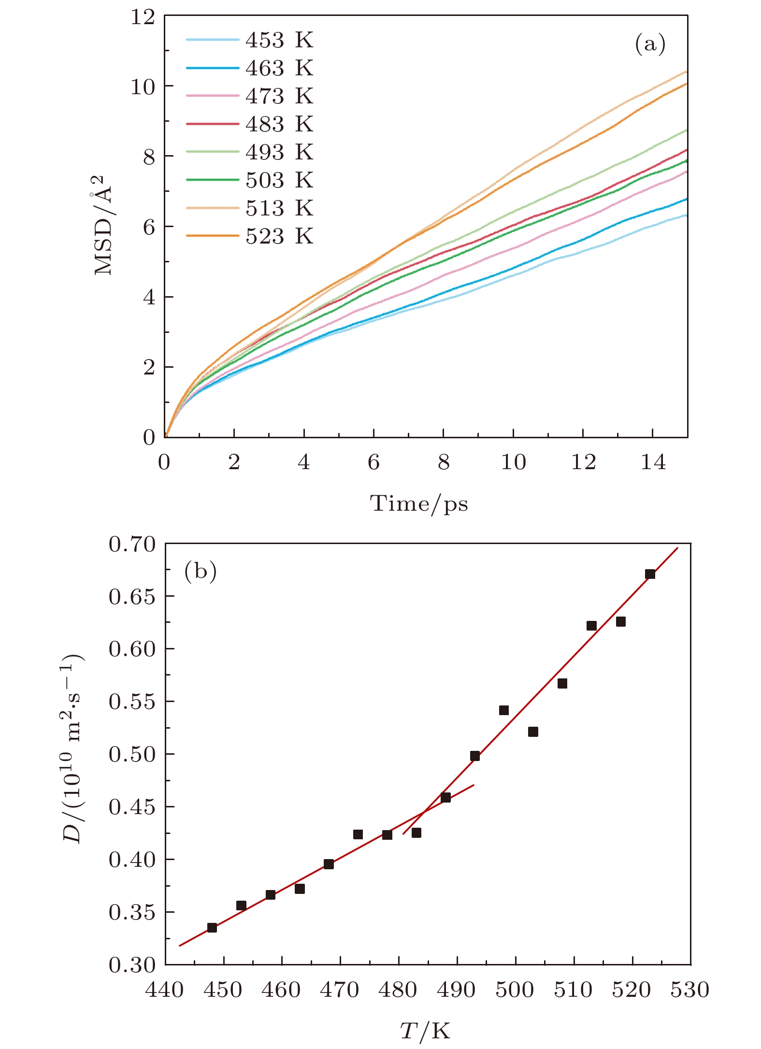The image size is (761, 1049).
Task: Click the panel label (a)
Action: point(650,44)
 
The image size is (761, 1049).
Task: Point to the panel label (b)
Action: point(200,572)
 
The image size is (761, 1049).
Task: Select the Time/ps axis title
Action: point(419,504)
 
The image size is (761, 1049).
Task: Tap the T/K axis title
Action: point(425,1031)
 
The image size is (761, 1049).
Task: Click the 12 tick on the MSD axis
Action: point(143,17)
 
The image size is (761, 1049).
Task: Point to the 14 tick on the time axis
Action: point(653,462)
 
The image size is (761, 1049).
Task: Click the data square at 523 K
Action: point(650,574)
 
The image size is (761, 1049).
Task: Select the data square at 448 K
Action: point(212,928)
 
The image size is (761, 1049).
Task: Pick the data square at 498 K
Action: point(504,710)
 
